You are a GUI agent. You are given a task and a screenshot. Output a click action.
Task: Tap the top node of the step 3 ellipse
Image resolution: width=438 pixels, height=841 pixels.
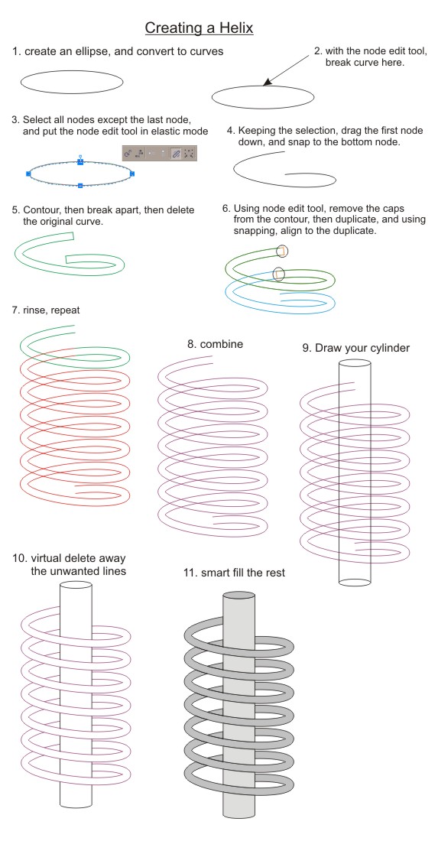80,161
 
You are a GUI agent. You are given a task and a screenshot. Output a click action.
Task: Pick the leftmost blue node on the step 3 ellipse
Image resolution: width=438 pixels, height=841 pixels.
28,174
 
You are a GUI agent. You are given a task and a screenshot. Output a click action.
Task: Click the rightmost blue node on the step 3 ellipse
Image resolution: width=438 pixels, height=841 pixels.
132,174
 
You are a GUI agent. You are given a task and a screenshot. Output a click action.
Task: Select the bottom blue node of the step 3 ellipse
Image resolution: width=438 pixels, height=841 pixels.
80,186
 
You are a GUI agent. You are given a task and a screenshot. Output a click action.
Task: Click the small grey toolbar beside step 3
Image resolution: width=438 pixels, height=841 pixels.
159,154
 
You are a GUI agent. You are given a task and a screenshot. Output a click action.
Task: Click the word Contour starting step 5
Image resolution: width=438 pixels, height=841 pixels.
42,210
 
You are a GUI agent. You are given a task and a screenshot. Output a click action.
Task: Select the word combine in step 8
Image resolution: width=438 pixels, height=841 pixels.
222,344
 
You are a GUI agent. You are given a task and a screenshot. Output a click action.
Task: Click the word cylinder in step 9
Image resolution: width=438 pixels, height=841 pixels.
389,348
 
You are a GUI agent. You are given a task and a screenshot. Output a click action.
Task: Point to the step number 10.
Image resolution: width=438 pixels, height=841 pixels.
20,558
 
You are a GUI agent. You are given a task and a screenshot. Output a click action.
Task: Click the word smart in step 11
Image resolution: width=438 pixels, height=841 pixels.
216,573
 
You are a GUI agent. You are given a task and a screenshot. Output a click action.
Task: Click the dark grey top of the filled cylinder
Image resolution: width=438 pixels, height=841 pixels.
238,596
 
